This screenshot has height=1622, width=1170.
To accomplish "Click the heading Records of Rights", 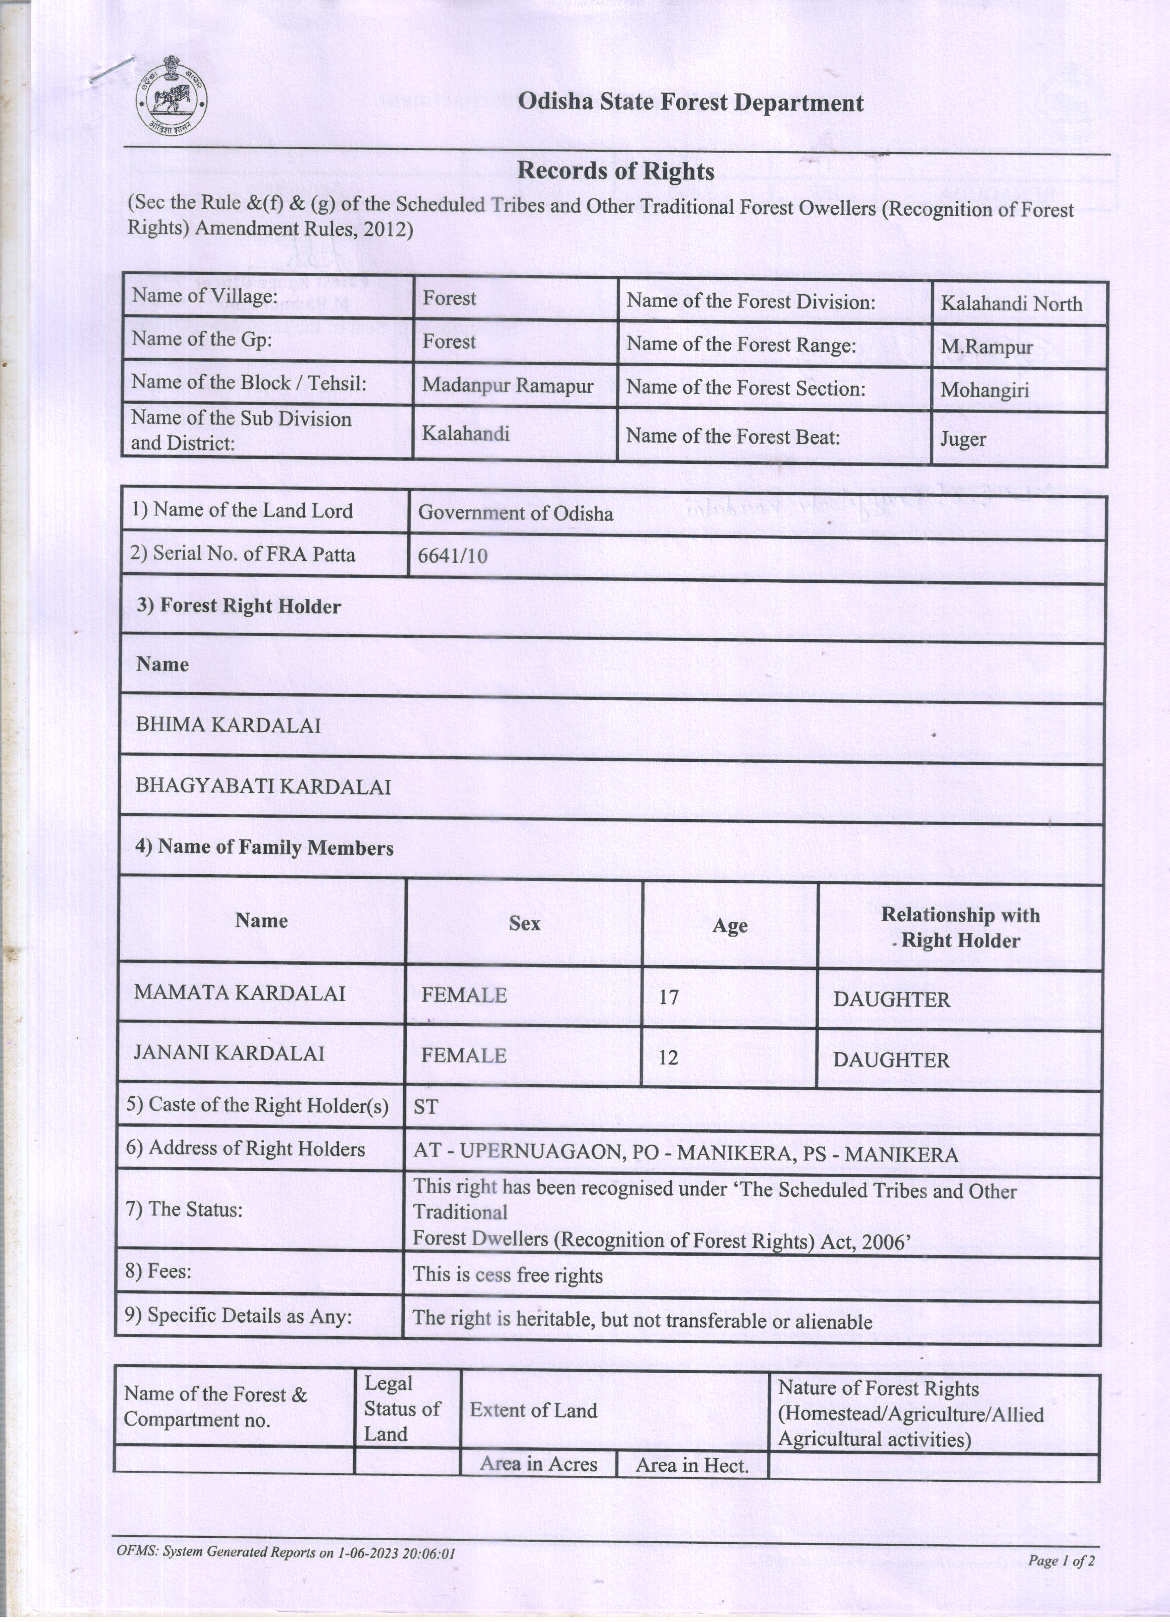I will [x=616, y=171].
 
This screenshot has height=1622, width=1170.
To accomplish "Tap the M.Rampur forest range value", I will [x=986, y=347].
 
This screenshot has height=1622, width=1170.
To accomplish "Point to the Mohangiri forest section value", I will [x=984, y=390].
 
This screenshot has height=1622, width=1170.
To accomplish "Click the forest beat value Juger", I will [x=963, y=438].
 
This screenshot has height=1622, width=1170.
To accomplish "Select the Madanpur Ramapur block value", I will [x=507, y=385].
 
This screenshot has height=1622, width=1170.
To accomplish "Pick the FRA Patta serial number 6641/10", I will [x=452, y=555].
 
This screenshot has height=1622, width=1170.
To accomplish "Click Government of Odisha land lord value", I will [x=515, y=513].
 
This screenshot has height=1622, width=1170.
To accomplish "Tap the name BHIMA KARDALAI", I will [x=228, y=725].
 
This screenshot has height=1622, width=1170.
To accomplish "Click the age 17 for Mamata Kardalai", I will [x=668, y=996].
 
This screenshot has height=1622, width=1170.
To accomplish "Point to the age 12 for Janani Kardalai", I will [x=668, y=1057].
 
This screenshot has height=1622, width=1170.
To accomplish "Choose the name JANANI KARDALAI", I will [x=229, y=1054].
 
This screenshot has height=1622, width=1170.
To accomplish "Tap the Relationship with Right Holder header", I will [x=959, y=927].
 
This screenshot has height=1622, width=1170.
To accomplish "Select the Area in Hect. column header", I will [x=691, y=1465].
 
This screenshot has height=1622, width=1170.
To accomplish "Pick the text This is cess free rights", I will [x=507, y=1275].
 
